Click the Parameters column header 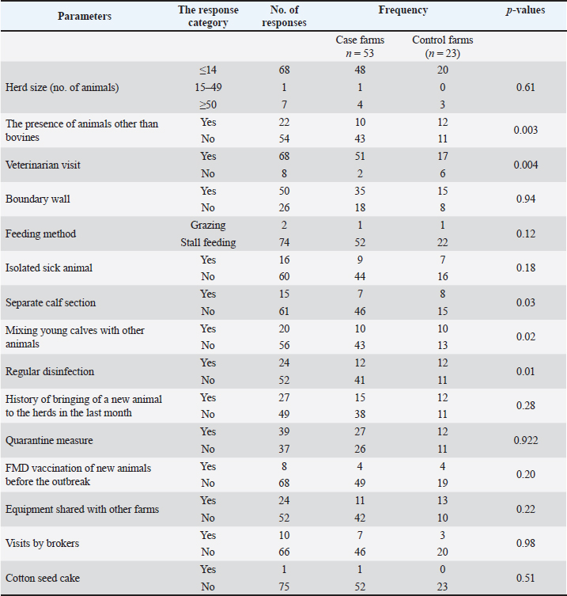(x=85, y=17)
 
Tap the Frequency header (x=403, y=11)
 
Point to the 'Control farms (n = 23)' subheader (x=442, y=46)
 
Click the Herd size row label (x=62, y=88)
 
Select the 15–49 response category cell (x=210, y=88)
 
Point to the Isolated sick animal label (x=49, y=268)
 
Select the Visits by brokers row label (x=42, y=543)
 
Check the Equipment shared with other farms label (x=82, y=509)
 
